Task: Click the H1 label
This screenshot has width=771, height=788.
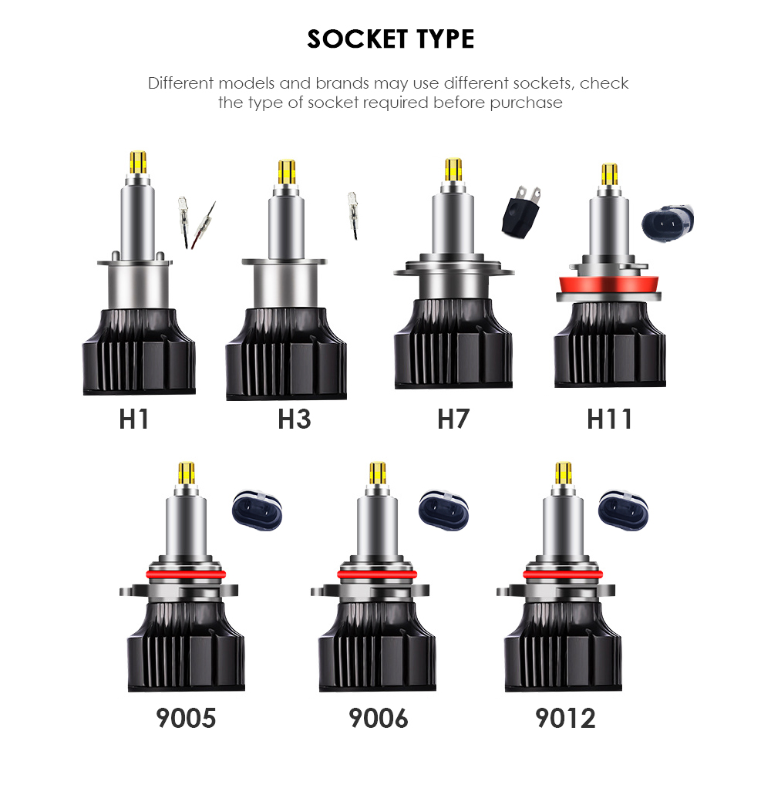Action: (133, 419)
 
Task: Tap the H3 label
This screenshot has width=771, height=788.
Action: (295, 419)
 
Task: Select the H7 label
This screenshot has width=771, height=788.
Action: (453, 419)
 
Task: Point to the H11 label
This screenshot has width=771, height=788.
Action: (609, 419)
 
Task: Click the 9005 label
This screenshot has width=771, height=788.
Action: (186, 718)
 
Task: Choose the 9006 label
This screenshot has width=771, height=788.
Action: (379, 718)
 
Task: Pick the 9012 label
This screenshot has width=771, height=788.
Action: (565, 718)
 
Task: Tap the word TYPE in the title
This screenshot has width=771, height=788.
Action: (446, 39)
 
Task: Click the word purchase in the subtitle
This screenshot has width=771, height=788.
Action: (526, 103)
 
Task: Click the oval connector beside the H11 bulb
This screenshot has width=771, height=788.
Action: (668, 223)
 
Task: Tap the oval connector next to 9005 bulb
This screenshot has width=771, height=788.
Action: (258, 510)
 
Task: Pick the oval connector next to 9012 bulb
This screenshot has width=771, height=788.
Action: (623, 510)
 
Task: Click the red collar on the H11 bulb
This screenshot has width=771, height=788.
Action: (608, 284)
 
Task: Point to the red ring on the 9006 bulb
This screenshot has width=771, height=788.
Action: (377, 574)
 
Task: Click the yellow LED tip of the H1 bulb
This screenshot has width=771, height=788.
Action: (138, 163)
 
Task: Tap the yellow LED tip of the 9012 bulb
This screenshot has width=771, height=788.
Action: (564, 473)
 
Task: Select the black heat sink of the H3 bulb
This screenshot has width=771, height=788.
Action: (286, 354)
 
